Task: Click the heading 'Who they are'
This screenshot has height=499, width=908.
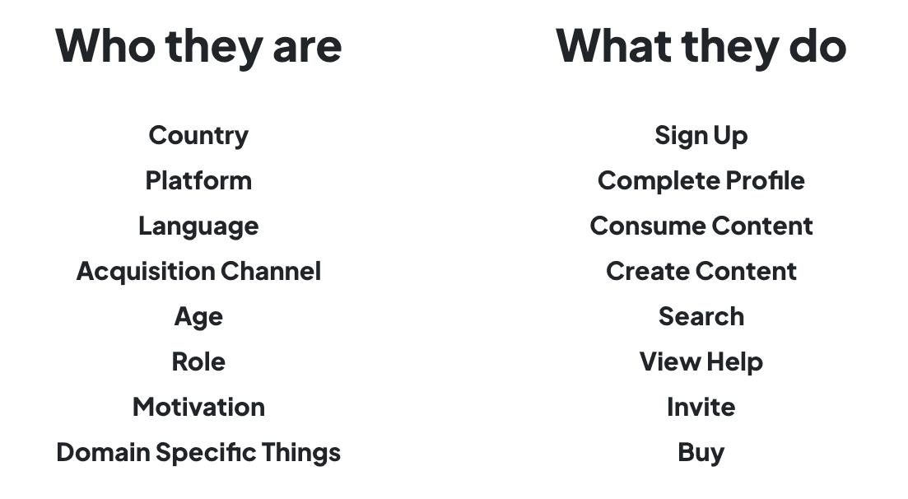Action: (x=198, y=45)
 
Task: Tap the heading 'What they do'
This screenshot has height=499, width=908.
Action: (x=701, y=45)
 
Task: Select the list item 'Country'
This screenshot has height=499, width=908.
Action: (x=198, y=135)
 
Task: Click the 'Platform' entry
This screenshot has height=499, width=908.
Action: (x=198, y=180)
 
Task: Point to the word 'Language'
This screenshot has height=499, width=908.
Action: (x=198, y=226)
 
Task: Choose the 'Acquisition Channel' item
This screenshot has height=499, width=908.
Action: (x=198, y=271)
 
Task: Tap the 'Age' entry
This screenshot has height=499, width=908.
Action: (x=198, y=317)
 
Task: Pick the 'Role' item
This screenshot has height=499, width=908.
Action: (x=198, y=361)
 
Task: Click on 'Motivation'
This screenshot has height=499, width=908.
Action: (x=198, y=407)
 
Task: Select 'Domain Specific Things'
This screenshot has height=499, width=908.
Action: (x=198, y=452)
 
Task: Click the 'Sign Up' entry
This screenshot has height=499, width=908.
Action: (x=701, y=135)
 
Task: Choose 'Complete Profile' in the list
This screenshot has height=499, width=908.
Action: (x=701, y=180)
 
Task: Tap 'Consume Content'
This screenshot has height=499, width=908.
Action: (x=701, y=226)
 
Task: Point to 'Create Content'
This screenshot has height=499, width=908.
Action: (x=701, y=271)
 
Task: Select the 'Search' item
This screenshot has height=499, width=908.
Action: (x=701, y=316)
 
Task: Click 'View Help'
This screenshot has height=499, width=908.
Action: (x=701, y=361)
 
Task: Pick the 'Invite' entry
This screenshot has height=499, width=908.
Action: (x=701, y=407)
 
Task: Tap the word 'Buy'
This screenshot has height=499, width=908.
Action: (x=701, y=452)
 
